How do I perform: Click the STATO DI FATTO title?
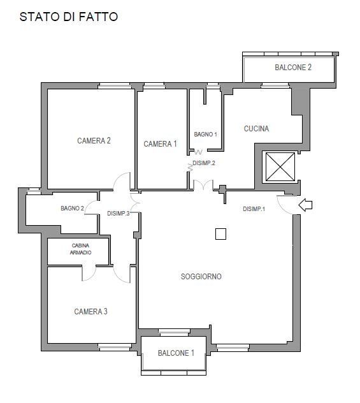69,17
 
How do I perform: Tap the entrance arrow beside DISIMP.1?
306,205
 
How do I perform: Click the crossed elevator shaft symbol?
280,167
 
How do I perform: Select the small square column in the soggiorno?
220,234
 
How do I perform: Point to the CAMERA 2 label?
94,140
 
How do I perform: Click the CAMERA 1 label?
160,144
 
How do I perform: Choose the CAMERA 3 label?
90,312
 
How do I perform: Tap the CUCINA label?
256,129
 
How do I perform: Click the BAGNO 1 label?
205,134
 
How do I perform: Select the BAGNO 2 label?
72,208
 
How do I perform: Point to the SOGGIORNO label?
201,277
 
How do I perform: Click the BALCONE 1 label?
176,353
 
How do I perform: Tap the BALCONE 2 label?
293,68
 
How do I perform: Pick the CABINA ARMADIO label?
81,249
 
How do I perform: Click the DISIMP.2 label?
204,163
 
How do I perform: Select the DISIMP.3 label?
119,214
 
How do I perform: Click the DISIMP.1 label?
254,209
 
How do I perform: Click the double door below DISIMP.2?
203,185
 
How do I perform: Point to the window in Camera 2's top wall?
115,86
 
